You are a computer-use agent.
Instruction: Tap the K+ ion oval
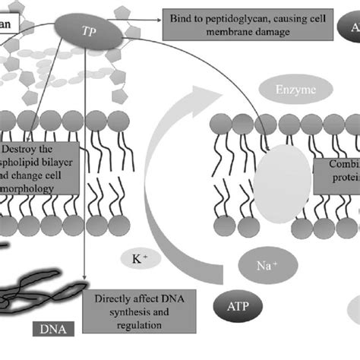141,260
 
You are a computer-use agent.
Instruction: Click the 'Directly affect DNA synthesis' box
139,311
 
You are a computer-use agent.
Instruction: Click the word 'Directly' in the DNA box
112,299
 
